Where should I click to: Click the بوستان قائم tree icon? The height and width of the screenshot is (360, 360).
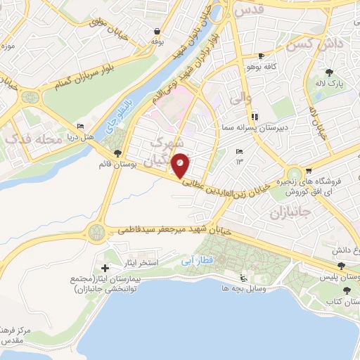[x=117, y=153]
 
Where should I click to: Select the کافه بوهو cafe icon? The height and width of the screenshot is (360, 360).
[x=262, y=56]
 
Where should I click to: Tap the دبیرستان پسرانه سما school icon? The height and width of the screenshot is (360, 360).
[x=254, y=116]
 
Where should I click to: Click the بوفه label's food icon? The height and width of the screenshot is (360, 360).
[x=155, y=32]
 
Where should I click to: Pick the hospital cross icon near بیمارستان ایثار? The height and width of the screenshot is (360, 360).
[x=105, y=268]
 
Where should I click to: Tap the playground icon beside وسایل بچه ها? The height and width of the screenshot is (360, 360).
[x=243, y=277]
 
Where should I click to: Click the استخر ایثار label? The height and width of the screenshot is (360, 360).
[x=161, y=262]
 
